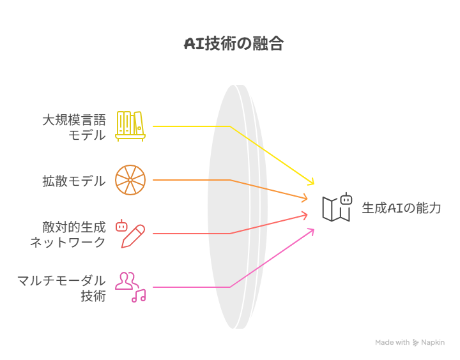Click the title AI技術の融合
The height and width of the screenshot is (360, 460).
[x=234, y=44]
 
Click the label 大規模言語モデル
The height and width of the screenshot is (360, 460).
[x=74, y=128]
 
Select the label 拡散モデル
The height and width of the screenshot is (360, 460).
[x=74, y=181]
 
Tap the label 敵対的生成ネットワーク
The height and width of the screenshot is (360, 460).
[x=68, y=234]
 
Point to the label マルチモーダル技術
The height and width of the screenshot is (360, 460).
[x=61, y=288]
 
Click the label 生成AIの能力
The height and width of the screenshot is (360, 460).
[x=401, y=208]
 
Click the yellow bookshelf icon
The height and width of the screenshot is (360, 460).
[x=130, y=126]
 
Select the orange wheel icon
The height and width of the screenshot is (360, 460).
[x=130, y=180]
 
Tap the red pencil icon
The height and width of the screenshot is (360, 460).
[x=134, y=236]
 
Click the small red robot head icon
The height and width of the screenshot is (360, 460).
[x=121, y=225]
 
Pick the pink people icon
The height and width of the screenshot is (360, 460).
[x=126, y=281]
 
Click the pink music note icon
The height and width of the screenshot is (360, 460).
[x=139, y=296]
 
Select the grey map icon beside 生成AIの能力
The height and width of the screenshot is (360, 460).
[x=336, y=209]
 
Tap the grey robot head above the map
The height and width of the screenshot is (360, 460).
[x=346, y=199]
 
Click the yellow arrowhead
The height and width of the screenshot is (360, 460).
[x=311, y=182]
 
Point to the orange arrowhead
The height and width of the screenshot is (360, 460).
[x=305, y=198]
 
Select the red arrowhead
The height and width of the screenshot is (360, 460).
[x=305, y=216]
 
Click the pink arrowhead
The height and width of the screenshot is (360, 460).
[x=311, y=232]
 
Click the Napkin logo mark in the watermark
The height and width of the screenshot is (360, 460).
[x=415, y=342]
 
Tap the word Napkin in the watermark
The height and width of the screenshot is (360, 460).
[x=433, y=342]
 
